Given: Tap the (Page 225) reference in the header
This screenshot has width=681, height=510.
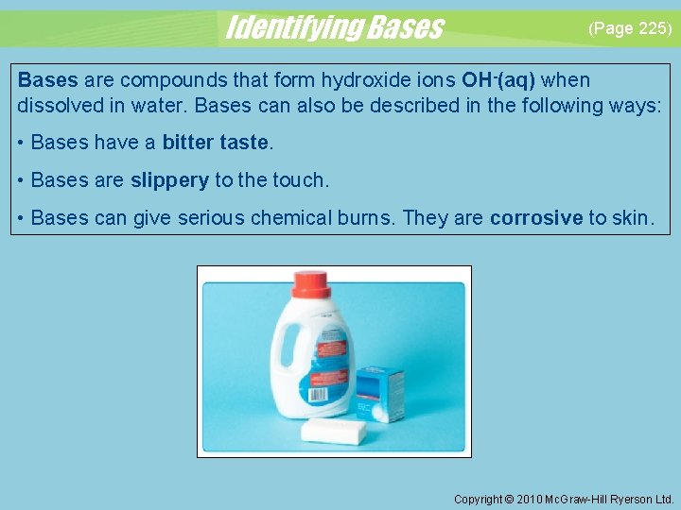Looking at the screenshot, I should coord(630,28).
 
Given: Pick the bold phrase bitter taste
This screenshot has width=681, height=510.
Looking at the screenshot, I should coord(216,143).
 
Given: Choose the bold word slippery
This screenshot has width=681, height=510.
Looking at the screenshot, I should coord(169,179).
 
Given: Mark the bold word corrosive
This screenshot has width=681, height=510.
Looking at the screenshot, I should coord(536,218).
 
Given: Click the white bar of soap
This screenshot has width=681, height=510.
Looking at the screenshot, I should coord(334,432).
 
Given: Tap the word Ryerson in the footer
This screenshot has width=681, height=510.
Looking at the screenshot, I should coord(632,499).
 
